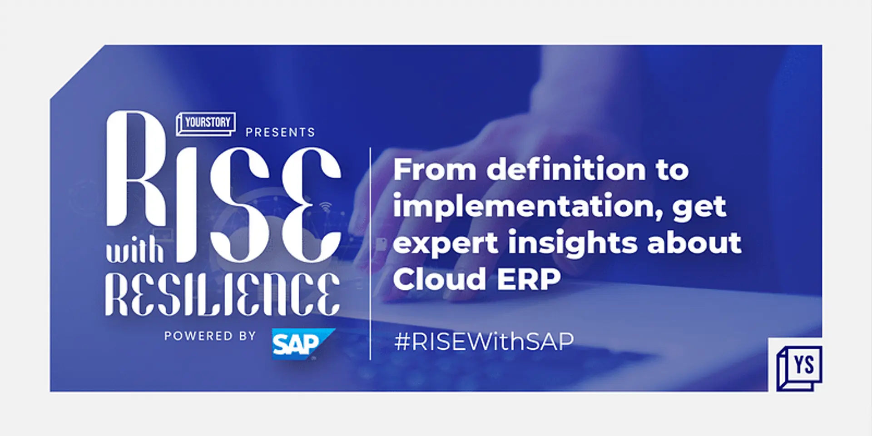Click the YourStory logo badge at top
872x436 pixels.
pyautogui.click(x=206, y=124)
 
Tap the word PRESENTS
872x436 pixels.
pyautogui.click(x=280, y=132)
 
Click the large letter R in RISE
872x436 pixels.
pyautogui.click(x=136, y=168)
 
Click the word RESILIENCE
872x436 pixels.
pyautogui.click(x=223, y=294)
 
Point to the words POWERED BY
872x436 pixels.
pyautogui.click(x=210, y=336)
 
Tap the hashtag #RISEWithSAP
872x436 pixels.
pyautogui.click(x=484, y=341)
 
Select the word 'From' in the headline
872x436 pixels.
pyautogui.click(x=435, y=169)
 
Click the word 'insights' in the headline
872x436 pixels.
pyautogui.click(x=573, y=243)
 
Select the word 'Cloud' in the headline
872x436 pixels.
pyautogui.click(x=439, y=278)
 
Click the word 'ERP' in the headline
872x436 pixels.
pyautogui.click(x=529, y=279)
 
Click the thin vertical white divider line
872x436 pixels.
pyautogui.click(x=371, y=253)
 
